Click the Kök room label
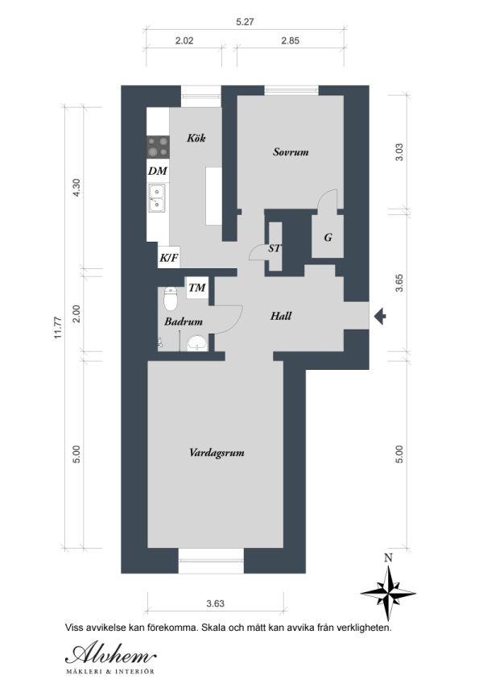point(196,139)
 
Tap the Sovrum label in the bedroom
point(291,151)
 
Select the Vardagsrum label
point(217,452)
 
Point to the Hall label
point(281,316)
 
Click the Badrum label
point(184,322)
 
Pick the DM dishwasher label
point(157,171)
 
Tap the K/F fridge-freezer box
point(169,258)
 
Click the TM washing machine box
point(197,288)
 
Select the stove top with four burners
point(158,147)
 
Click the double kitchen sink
point(157,198)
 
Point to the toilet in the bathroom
point(170,297)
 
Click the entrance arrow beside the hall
point(380,316)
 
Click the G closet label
point(328,238)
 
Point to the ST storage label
point(275,249)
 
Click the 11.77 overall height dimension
point(59,328)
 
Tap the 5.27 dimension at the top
point(245,22)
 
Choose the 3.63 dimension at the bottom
point(216,603)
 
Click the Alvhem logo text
point(111,655)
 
